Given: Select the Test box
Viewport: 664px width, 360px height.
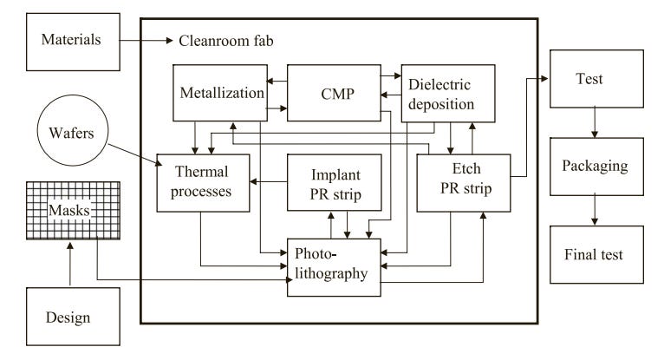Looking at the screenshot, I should [x=589, y=79].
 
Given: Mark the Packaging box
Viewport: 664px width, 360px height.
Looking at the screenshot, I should [x=589, y=166].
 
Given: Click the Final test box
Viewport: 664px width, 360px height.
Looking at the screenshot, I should [x=589, y=255].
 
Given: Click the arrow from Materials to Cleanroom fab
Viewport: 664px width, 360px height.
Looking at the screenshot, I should [x=144, y=41].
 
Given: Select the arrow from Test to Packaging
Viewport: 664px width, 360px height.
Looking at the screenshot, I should [x=589, y=122].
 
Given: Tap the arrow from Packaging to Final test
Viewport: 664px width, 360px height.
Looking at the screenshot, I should [x=589, y=211].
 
